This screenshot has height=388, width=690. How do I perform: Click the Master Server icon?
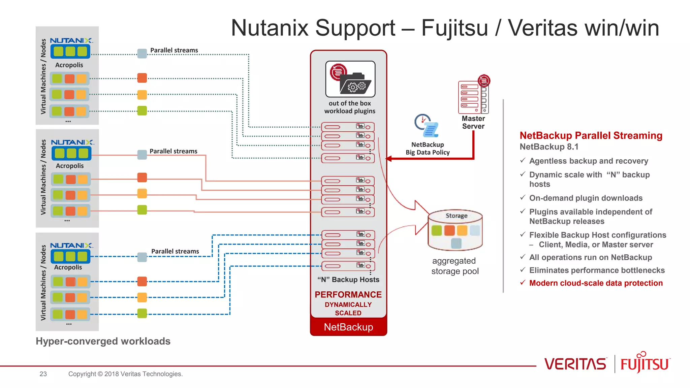click(x=473, y=96)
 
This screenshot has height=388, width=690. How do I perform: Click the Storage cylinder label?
click(x=456, y=216)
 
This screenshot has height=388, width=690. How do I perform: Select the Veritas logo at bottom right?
click(x=575, y=364)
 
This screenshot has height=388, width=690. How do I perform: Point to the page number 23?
click(x=43, y=374)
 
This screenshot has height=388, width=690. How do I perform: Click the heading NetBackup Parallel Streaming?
click(x=591, y=135)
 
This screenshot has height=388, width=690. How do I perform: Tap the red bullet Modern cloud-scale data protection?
click(x=595, y=283)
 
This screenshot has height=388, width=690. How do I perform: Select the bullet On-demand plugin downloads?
click(x=586, y=198)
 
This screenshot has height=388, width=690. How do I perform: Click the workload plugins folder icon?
click(x=350, y=79)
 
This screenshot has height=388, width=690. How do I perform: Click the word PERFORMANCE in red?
click(x=348, y=294)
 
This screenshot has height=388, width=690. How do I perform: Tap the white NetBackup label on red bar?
click(x=348, y=327)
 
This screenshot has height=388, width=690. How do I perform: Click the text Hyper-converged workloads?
click(x=103, y=341)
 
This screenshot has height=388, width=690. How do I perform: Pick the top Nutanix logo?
click(x=71, y=40)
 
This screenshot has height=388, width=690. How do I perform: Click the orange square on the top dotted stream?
click(x=142, y=78)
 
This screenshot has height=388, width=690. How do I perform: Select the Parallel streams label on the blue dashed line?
click(x=175, y=251)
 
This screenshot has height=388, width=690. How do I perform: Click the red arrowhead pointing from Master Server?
click(x=388, y=159)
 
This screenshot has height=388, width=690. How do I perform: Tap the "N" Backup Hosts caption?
click(x=348, y=280)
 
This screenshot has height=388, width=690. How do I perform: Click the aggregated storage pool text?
click(x=454, y=266)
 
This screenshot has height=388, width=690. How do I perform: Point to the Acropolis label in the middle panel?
click(x=70, y=166)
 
